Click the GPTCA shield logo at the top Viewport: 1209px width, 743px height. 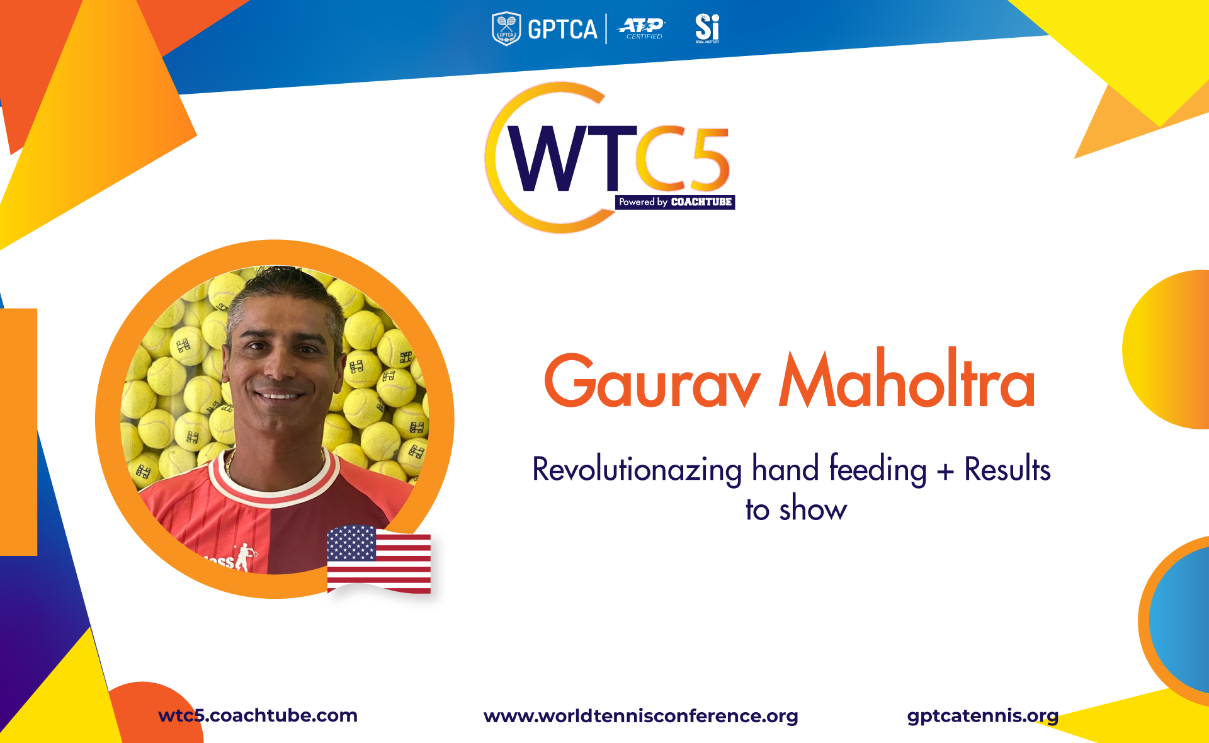tap(506, 29)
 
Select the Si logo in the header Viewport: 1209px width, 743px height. tap(707, 29)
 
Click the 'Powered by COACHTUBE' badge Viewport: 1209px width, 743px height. tap(675, 202)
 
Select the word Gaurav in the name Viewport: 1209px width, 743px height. tap(652, 381)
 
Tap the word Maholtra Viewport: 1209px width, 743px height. tap(907, 377)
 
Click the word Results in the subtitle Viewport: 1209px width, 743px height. tap(1007, 469)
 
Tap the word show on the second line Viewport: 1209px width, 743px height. tap(813, 509)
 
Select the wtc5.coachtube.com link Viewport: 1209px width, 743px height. tap(258, 715)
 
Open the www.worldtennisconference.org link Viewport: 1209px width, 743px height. tap(641, 716)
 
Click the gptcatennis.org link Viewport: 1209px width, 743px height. tap(983, 716)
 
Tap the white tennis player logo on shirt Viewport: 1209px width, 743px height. tap(244, 557)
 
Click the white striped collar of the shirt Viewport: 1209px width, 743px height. tap(275, 481)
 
